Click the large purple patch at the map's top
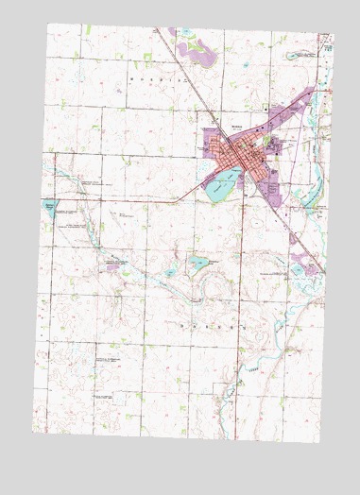(x=196, y=51)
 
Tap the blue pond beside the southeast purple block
(x=297, y=269)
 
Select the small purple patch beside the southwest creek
(x=113, y=267)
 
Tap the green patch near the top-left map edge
(x=86, y=32)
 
